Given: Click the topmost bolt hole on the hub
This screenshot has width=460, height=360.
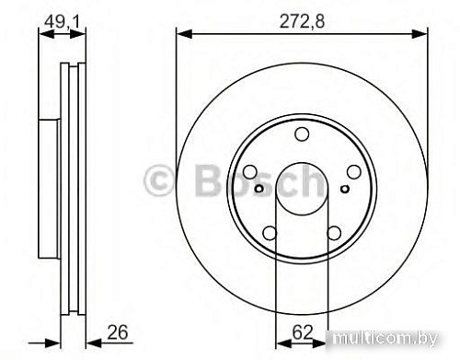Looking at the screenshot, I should (302, 136).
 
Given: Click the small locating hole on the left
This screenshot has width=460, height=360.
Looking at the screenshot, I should (260, 190).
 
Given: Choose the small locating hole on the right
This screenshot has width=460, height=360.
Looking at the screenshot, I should (343, 190).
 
